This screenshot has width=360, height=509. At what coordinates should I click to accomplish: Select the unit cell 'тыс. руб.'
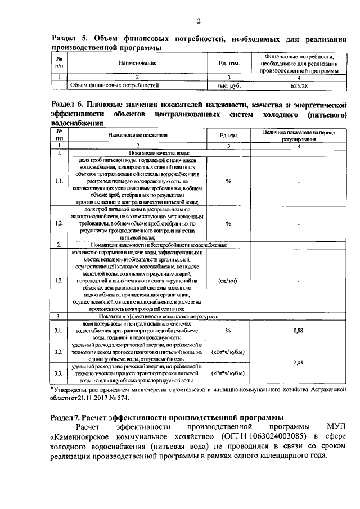229,86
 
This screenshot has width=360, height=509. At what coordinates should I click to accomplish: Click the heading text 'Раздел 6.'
69,105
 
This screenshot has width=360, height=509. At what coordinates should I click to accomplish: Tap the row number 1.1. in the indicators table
59,182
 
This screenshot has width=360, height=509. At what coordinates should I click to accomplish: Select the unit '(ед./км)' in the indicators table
228,280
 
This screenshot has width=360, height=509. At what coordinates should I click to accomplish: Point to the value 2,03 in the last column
299,363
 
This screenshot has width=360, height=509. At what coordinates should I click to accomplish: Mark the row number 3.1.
59,331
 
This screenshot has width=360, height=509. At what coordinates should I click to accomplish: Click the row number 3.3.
59,373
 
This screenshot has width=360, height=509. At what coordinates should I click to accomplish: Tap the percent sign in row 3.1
228,331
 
